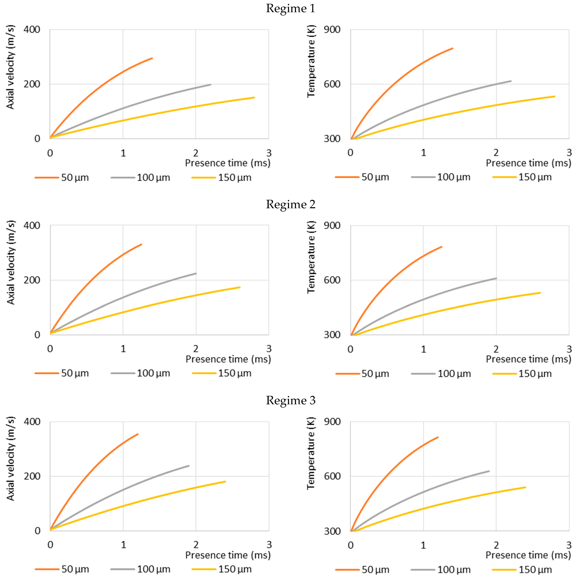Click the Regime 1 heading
290,8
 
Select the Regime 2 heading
290,204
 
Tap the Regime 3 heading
290,400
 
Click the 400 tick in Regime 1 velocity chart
32,30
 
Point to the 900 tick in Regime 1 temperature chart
332,30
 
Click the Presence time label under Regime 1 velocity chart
227,163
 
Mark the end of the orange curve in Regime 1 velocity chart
152,58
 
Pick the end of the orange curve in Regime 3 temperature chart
438,437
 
